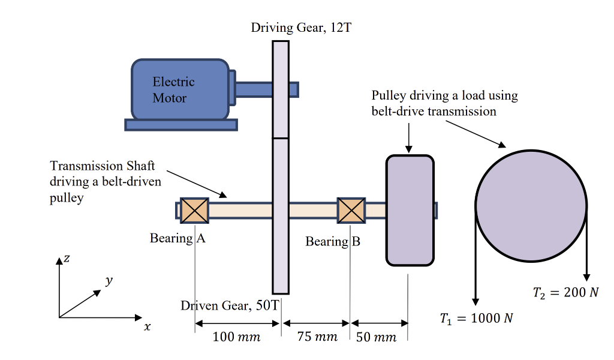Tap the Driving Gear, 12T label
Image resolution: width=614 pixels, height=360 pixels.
point(297,28)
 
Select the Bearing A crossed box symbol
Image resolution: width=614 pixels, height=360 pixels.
point(194,211)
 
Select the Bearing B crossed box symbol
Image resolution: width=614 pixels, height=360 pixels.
point(351,211)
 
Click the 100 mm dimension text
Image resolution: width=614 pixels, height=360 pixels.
point(237,337)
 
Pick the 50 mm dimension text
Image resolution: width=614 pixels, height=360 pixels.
point(377,337)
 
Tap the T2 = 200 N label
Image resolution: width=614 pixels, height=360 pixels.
point(565,293)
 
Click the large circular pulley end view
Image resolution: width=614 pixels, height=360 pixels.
point(531,205)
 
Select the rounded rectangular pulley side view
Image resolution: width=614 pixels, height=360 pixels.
point(410,210)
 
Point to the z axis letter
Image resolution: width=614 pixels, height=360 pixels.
point(67,258)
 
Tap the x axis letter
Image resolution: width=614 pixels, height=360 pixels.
point(147,328)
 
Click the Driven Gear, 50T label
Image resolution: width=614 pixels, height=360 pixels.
point(230,305)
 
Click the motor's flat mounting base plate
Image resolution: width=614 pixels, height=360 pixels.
point(181,125)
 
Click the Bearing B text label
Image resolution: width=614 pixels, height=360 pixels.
point(333,242)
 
